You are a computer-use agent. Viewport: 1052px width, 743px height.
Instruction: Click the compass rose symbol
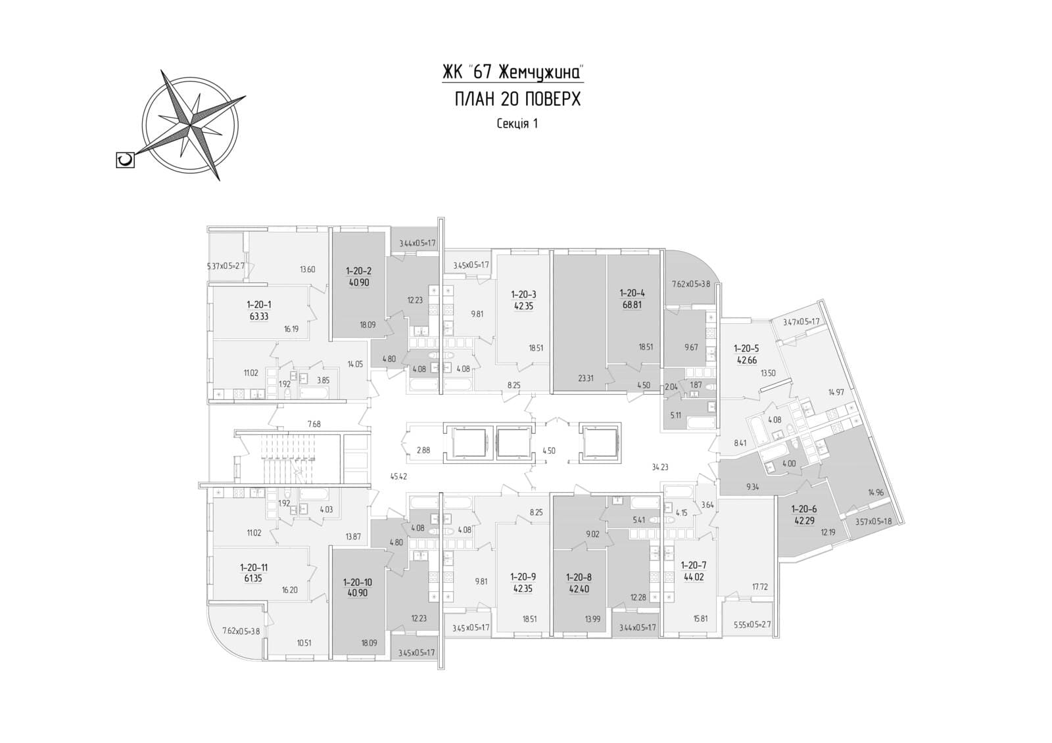click(x=192, y=124)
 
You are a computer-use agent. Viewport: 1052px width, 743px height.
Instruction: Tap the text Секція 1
click(x=517, y=124)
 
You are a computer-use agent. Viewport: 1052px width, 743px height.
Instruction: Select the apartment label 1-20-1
click(x=258, y=304)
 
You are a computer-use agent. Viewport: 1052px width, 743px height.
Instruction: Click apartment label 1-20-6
click(x=804, y=508)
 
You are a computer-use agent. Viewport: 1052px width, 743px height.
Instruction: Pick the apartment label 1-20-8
click(x=579, y=577)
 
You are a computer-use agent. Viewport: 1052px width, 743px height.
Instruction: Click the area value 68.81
click(x=632, y=304)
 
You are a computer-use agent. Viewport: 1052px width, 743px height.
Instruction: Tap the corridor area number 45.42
click(x=399, y=476)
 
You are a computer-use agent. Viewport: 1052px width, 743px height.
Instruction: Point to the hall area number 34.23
click(x=659, y=467)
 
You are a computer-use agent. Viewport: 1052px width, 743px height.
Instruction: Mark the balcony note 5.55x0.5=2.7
click(x=752, y=625)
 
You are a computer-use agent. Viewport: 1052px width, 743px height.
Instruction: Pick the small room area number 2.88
click(x=423, y=450)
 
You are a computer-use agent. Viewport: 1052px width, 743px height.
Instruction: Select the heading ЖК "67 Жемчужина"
click(x=513, y=71)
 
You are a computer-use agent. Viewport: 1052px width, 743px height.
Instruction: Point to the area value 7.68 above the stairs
click(x=314, y=424)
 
